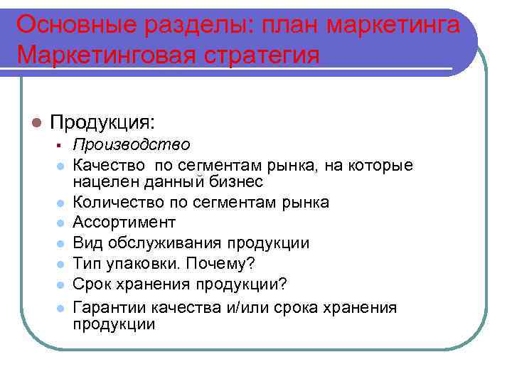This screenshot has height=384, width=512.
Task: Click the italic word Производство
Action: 132,145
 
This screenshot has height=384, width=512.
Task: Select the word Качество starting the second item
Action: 107,166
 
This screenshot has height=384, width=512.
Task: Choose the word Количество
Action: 114,203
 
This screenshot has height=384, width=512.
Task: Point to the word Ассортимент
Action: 124,223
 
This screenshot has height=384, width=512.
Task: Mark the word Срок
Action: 91,284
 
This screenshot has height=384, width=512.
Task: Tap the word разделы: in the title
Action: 197,24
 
